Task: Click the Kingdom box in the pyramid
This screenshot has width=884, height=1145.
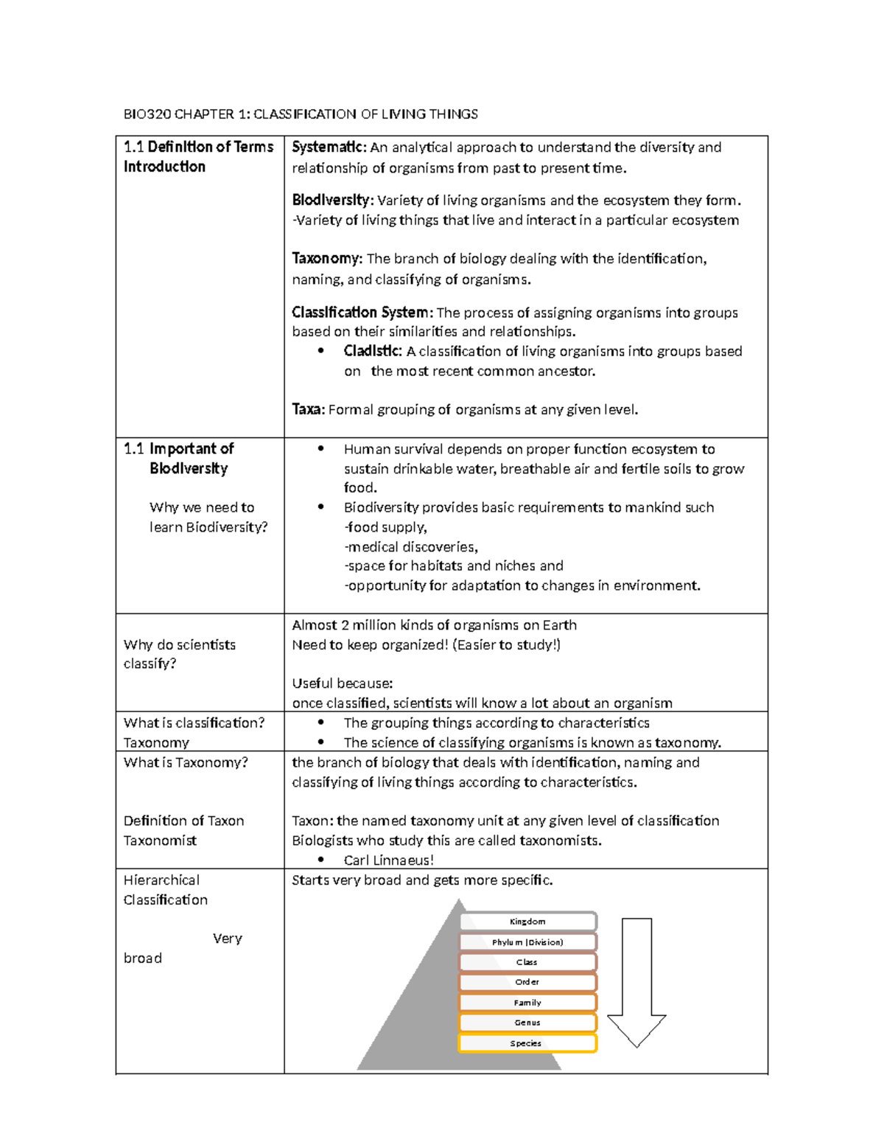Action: pos(527,922)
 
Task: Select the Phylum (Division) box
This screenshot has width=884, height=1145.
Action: pos(527,942)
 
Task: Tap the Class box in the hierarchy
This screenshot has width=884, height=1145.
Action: pos(527,962)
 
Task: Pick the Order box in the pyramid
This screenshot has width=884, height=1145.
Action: pos(527,982)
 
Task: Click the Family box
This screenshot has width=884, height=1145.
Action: pos(527,1003)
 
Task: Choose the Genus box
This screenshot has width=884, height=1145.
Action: pos(527,1023)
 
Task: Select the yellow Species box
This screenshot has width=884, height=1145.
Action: pos(527,1043)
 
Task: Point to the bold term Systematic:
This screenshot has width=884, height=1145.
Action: pos(329,147)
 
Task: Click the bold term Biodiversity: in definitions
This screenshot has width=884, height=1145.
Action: pos(332,200)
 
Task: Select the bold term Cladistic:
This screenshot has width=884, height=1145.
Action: pos(373,352)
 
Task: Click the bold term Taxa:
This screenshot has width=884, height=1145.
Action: pos(308,410)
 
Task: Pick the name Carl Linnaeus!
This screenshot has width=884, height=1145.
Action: pos(388,860)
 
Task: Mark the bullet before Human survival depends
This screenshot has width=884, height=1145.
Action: pos(320,449)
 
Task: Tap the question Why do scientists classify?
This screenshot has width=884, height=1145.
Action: pos(179,654)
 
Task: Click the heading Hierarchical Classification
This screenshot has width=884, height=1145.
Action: pos(165,890)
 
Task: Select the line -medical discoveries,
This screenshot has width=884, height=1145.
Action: pos(411,547)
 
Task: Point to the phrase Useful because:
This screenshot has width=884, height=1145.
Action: pos(342,683)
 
